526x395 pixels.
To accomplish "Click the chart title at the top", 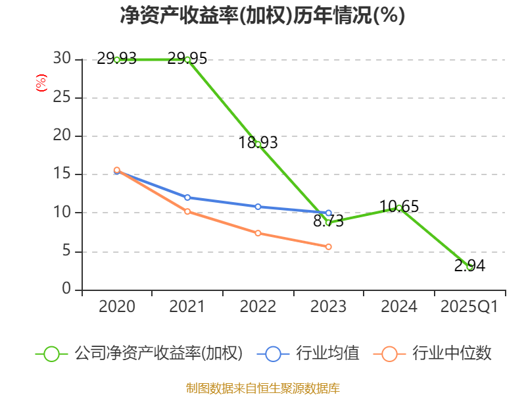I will (x=262, y=16).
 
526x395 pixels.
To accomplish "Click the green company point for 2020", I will (x=117, y=59).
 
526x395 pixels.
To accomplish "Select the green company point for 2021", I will (x=187, y=59).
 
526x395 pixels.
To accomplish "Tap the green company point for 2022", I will (x=258, y=144).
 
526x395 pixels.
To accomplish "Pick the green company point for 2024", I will (x=399, y=207).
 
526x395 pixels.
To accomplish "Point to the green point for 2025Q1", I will (x=469, y=267).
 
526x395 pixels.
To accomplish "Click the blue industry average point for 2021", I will (x=187, y=197).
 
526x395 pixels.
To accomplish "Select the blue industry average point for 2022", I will (x=258, y=207).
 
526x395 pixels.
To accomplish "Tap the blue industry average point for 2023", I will (x=329, y=213).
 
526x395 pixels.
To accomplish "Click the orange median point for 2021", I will (x=187, y=211).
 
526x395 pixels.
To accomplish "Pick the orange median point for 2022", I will (x=258, y=233).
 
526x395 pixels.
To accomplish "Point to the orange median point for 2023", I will (x=329, y=246).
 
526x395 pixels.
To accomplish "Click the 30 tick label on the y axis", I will (x=62, y=59).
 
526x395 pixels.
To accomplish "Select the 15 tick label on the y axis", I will (x=62, y=174).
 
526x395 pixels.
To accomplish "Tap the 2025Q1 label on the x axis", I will (x=469, y=307).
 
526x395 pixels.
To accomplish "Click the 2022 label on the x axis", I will (x=258, y=307).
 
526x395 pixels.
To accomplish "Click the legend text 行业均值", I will (x=327, y=354).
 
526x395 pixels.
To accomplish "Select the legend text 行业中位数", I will (x=452, y=354).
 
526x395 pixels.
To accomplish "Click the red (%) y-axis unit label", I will (x=41, y=84).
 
